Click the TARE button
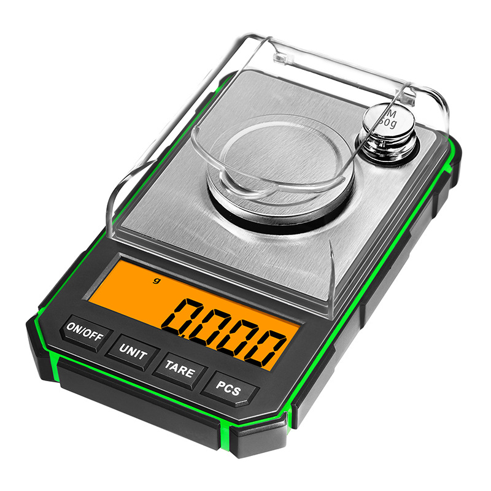tap(180, 371)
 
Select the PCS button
tap(228, 389)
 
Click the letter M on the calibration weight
tap(390, 113)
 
